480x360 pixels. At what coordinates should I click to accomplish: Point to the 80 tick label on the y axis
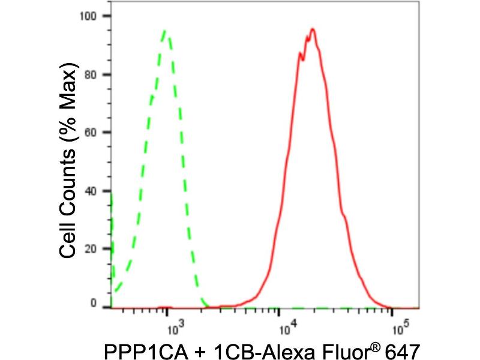(91, 75)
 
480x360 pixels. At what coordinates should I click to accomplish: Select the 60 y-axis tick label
(91, 132)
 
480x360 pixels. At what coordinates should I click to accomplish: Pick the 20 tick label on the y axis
(91, 248)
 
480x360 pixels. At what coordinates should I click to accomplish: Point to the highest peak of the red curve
(313, 29)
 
